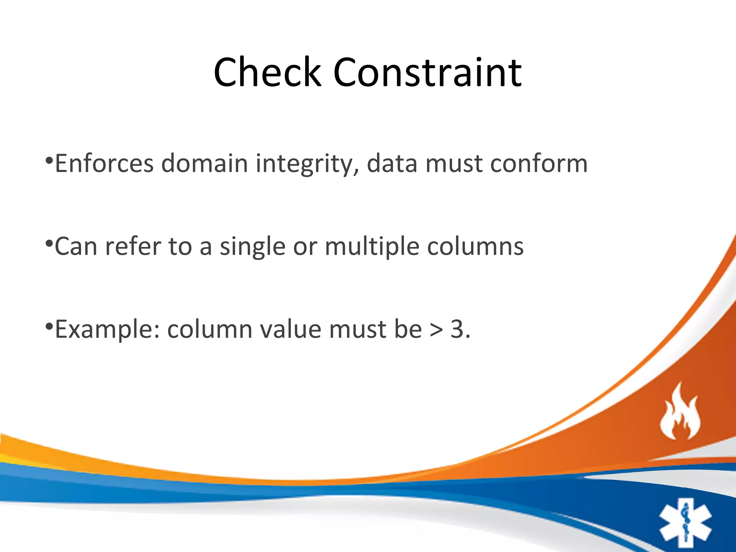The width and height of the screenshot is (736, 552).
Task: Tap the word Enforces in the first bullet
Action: tap(104, 164)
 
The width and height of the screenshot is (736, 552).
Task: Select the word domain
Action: tap(204, 164)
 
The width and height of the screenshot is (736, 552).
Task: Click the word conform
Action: tap(539, 164)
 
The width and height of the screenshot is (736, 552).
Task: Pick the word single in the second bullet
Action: tap(253, 247)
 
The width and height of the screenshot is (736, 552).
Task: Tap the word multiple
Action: tap(372, 247)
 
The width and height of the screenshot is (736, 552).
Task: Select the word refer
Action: tap(133, 247)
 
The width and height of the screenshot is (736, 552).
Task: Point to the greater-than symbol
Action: tap(436, 330)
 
